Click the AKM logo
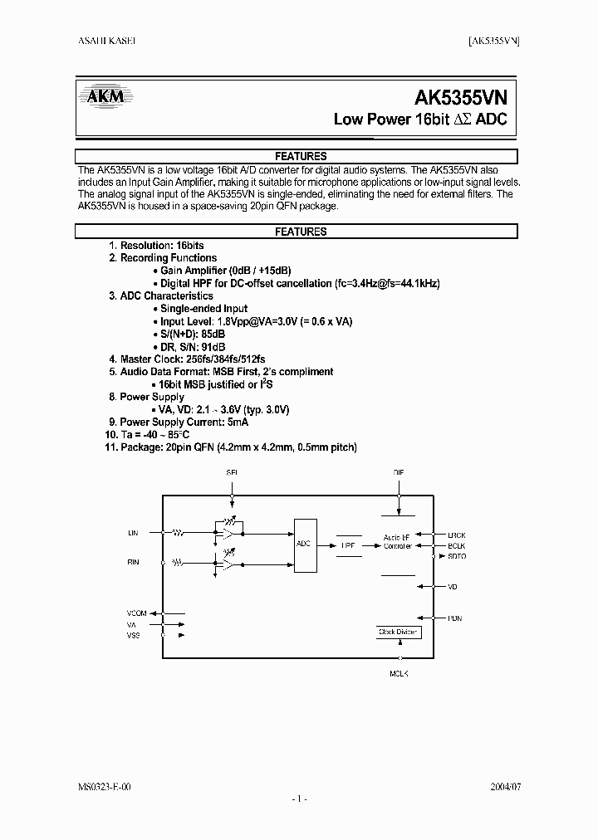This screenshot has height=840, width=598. (105, 98)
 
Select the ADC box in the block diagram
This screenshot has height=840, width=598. (304, 545)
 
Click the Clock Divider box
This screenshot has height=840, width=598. (399, 632)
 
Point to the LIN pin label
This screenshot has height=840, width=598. (133, 532)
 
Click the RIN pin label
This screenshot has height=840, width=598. (133, 562)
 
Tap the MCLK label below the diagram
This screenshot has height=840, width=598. (399, 673)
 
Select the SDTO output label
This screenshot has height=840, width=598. (458, 557)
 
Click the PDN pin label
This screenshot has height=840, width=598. (454, 618)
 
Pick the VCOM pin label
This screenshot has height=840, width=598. (137, 613)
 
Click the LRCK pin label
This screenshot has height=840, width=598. (458, 535)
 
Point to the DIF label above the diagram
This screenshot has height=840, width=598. (399, 473)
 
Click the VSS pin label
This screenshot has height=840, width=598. (133, 635)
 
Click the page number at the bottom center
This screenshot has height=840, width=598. (299, 798)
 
